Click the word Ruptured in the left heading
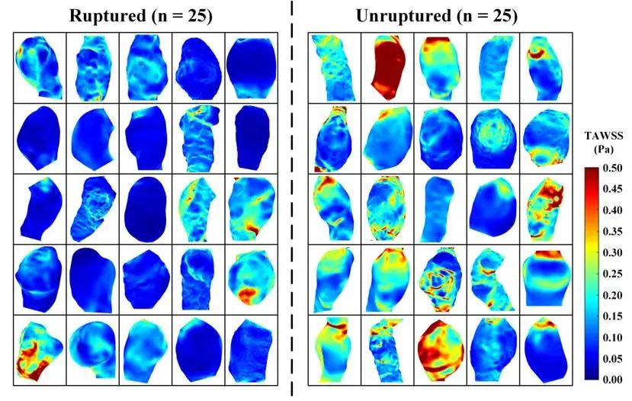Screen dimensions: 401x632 click(x=106, y=15)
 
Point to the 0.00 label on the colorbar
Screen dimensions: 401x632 click(x=614, y=378)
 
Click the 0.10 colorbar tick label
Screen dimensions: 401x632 click(x=614, y=336)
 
